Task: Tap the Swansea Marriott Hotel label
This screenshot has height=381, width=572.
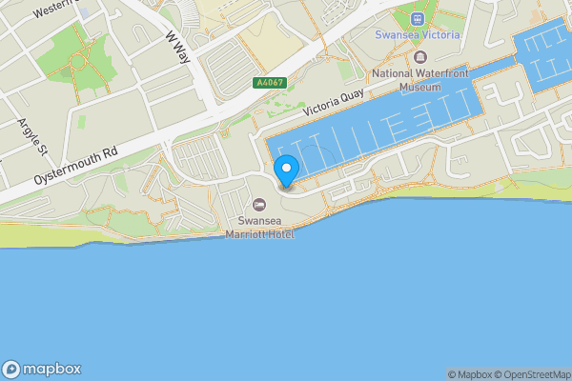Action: (x=259, y=225)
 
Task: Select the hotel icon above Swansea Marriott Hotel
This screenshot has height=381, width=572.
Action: (x=259, y=203)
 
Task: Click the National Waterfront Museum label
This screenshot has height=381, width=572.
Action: (x=419, y=80)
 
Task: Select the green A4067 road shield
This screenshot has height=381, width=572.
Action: (x=269, y=83)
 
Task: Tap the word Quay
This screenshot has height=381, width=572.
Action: (x=353, y=96)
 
